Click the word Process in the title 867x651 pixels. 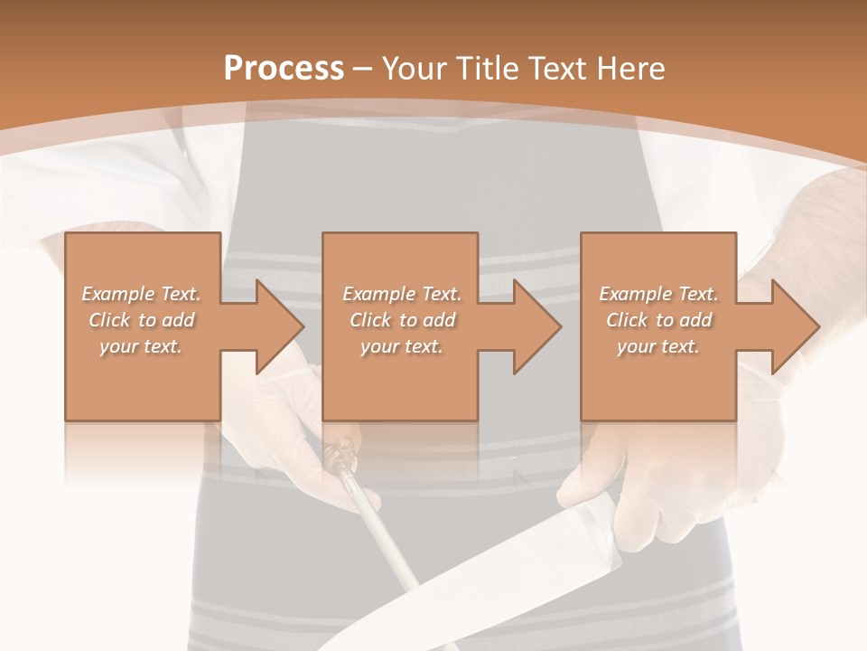point(284,69)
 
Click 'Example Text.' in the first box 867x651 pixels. point(142,294)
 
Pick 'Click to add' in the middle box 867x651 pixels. point(402,320)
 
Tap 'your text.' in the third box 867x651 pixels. point(658,346)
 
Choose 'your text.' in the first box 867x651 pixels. point(142,346)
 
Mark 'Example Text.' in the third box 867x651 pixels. point(658,294)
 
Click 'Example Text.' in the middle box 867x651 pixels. point(402,294)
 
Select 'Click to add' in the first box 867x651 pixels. point(142,320)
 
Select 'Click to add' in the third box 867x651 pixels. point(658,320)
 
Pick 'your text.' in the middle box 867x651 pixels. point(402,346)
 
